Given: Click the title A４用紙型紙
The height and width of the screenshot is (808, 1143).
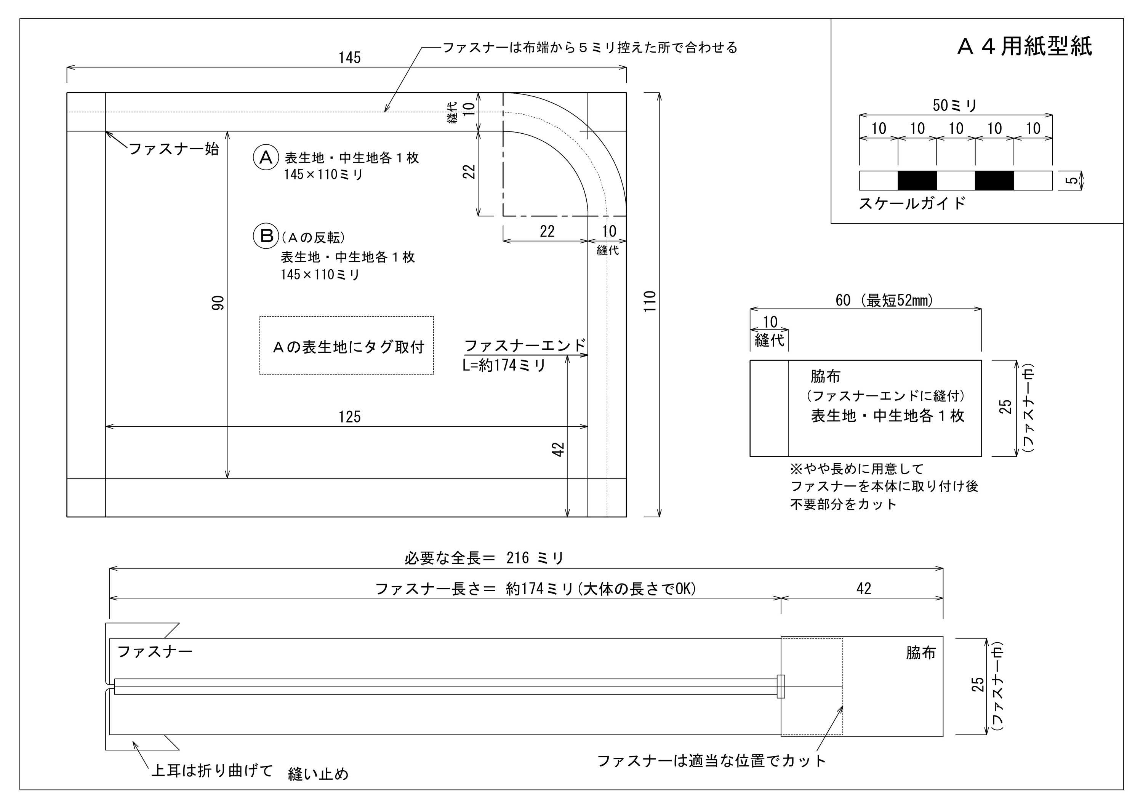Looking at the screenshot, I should pos(1025,47).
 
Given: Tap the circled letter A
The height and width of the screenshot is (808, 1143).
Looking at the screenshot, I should pos(266,157).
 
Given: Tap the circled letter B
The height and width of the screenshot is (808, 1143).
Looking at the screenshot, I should pos(266,235).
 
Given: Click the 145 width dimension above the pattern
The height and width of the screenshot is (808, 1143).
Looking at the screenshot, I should pos(349,58).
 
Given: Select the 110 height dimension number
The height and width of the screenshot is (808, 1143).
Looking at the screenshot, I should pos(650,302).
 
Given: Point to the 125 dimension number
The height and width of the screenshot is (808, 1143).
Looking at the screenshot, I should pos(349,417).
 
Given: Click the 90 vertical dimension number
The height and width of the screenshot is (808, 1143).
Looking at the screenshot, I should pos(218,303).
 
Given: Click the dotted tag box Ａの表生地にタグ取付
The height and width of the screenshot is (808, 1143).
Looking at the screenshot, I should pos(346,346).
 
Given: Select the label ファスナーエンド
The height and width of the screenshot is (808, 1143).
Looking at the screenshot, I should pos(525,346).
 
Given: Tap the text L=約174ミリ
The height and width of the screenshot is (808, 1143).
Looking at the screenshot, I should pos(504,365).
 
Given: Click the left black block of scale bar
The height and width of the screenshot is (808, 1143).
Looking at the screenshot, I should pos(917,181).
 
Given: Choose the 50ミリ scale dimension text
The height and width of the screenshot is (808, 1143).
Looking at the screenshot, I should pos(955,105).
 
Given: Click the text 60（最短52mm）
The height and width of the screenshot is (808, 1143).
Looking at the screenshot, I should pos(884,300).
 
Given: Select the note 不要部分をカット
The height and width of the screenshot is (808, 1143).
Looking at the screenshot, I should pos(843,504).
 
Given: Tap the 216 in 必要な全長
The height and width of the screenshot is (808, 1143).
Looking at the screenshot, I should pos(518,558).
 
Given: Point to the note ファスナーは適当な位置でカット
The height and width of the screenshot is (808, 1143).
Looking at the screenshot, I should pos(711,761).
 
